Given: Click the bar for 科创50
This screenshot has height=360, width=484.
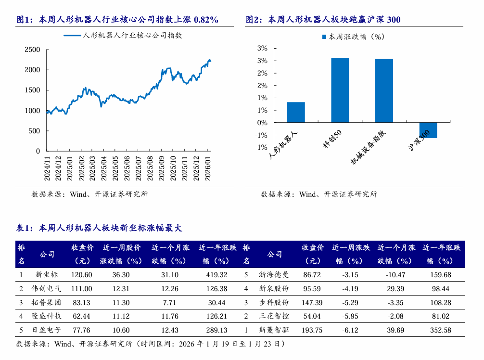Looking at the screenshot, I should pyautogui.click(x=340, y=90).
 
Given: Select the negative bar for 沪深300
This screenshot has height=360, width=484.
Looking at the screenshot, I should pyautogui.click(x=428, y=130).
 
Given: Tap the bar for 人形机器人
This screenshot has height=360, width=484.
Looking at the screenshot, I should pyautogui.click(x=296, y=112).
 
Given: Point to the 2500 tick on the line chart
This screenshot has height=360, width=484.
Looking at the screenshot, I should pyautogui.click(x=32, y=50).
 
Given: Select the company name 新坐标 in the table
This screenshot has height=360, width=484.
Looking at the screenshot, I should pyautogui.click(x=47, y=275).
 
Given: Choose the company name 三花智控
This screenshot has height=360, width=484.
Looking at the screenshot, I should pyautogui.click(x=275, y=316).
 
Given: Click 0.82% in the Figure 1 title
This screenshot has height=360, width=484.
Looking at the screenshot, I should pyautogui.click(x=206, y=20).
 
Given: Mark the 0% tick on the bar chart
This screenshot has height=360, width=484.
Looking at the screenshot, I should pyautogui.click(x=262, y=123).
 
